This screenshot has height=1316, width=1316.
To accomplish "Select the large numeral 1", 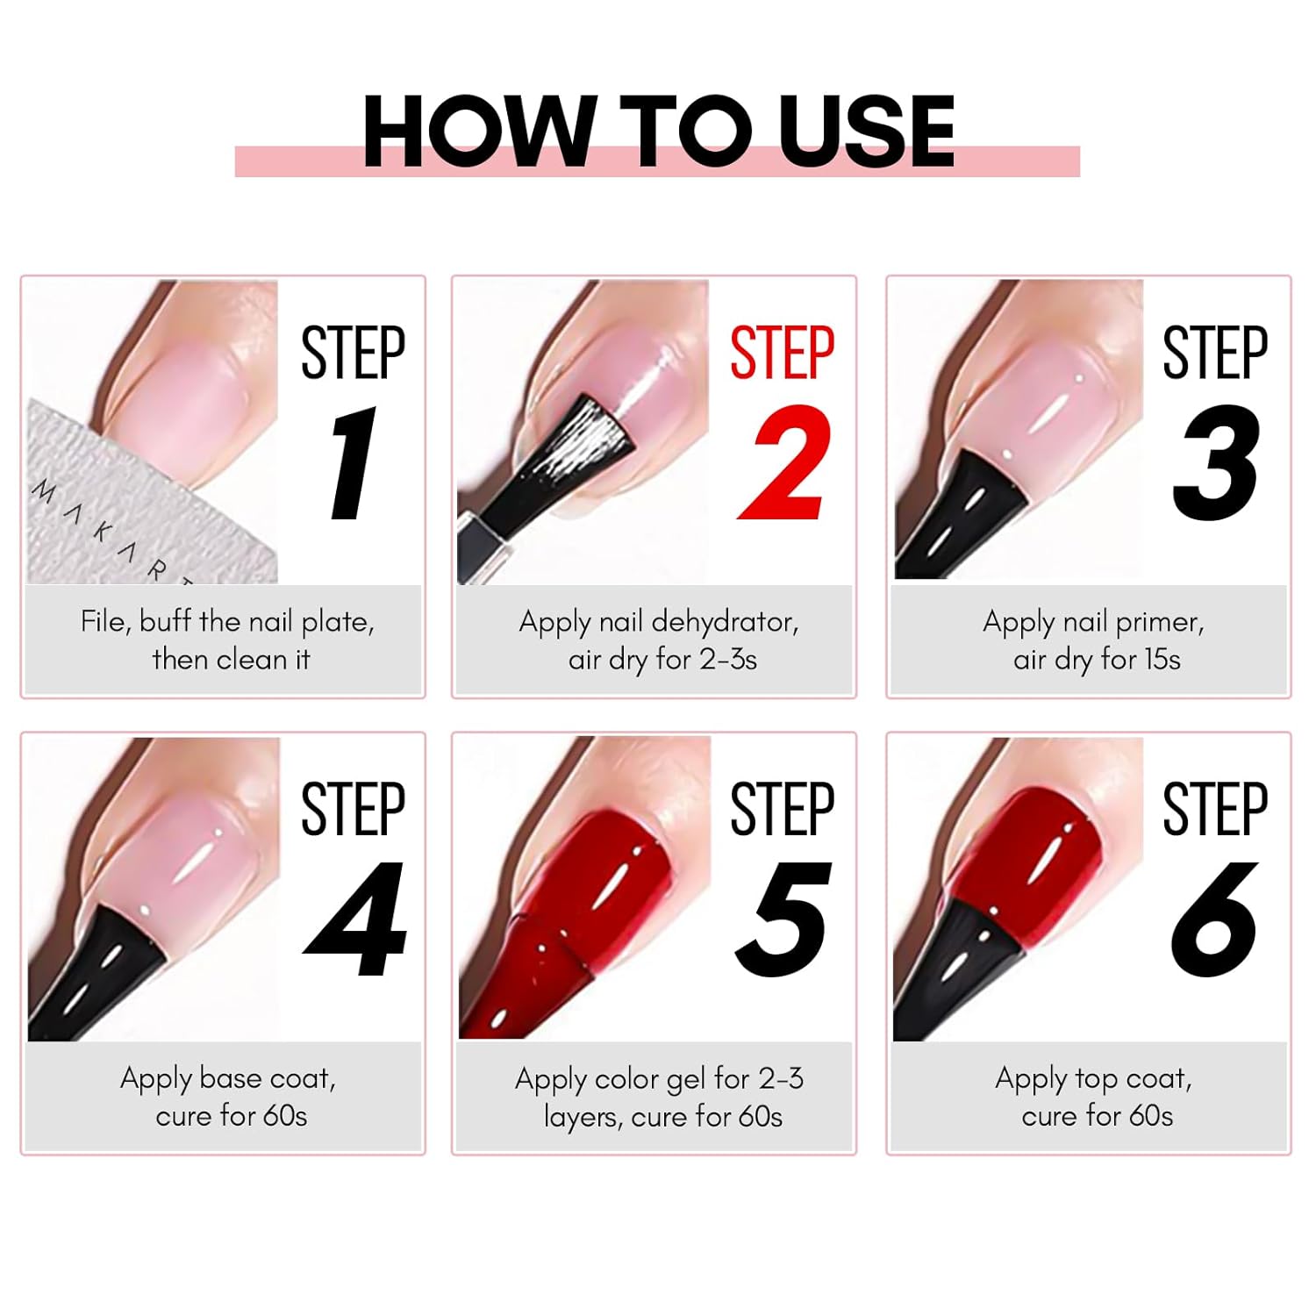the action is (353, 462).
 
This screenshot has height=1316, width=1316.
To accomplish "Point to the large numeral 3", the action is (1216, 462).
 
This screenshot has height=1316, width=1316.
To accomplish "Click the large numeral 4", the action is (354, 919).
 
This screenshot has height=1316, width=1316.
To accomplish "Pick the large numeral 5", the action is (783, 919).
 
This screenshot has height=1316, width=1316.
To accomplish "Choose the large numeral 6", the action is (1215, 919).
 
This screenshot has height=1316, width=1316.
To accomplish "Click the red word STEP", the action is (783, 353).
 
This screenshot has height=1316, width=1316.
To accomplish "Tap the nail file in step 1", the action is (132, 500).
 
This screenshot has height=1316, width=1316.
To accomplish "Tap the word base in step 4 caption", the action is (230, 1077).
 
